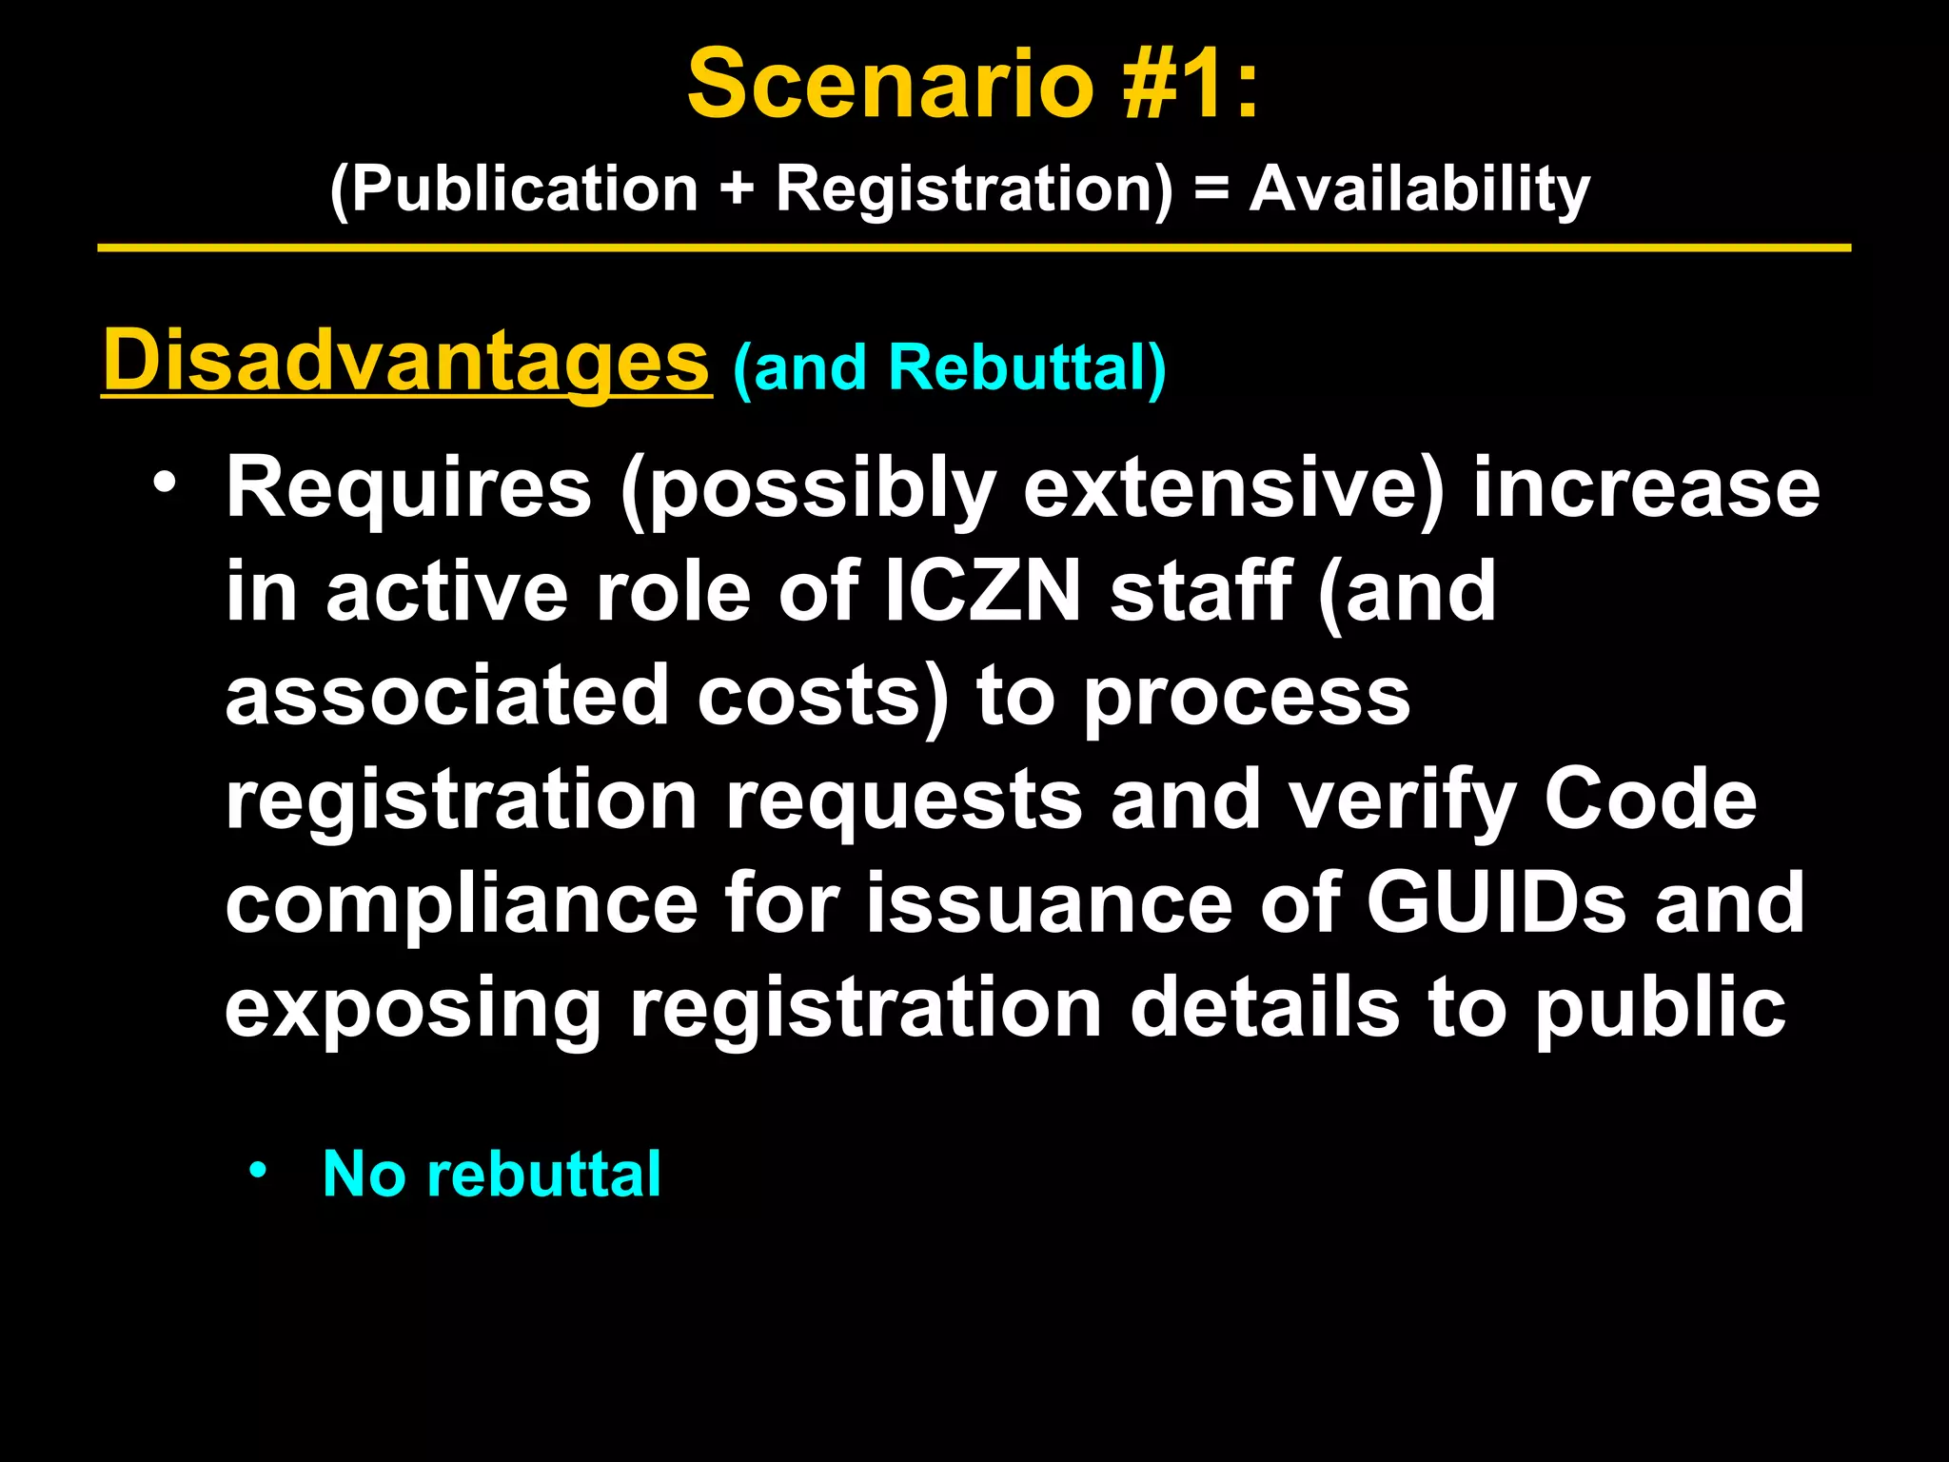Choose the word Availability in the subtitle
pyautogui.click(x=1419, y=188)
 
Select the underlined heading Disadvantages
pyautogui.click(x=406, y=362)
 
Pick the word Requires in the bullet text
pyautogui.click(x=408, y=489)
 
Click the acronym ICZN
pyautogui.click(x=984, y=591)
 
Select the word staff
pyautogui.click(x=1200, y=591)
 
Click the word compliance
pyautogui.click(x=462, y=903)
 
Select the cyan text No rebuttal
pyautogui.click(x=491, y=1174)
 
